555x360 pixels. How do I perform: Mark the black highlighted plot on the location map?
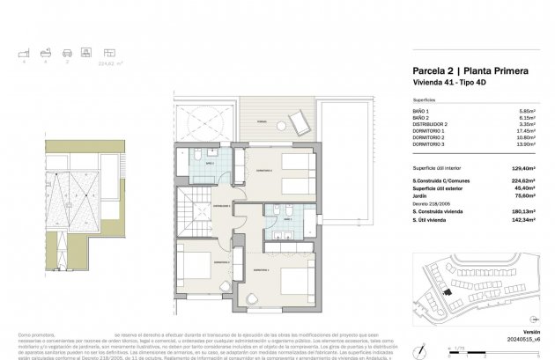click(447, 292)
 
